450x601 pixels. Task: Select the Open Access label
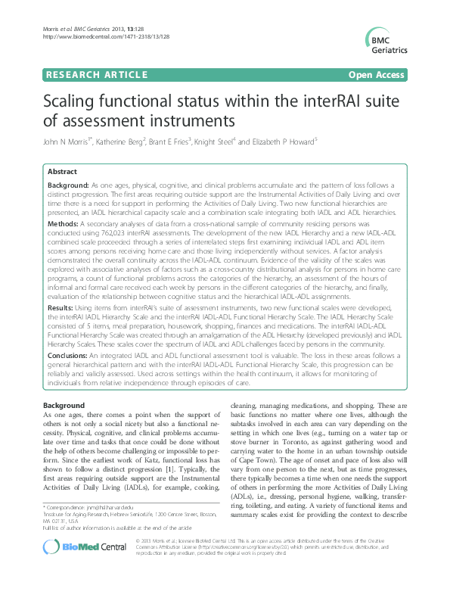point(376,74)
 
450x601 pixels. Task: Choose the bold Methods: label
point(64,224)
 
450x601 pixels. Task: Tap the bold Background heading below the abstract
point(64,406)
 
